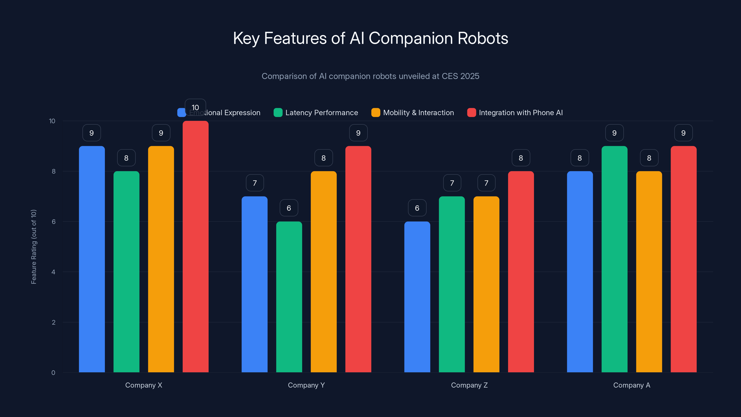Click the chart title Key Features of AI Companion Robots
point(370,38)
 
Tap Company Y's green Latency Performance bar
point(289,297)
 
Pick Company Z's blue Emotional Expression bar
point(417,297)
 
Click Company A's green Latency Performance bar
point(614,259)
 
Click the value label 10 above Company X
point(195,107)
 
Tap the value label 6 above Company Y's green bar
point(289,208)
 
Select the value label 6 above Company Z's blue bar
point(417,208)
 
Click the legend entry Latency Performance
point(321,113)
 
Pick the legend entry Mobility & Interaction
point(418,113)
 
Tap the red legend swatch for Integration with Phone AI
point(471,113)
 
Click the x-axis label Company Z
point(469,385)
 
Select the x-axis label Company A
point(632,385)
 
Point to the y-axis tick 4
point(53,272)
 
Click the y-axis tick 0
point(53,373)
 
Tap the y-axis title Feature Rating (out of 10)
point(34,247)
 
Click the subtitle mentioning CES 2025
point(370,76)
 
